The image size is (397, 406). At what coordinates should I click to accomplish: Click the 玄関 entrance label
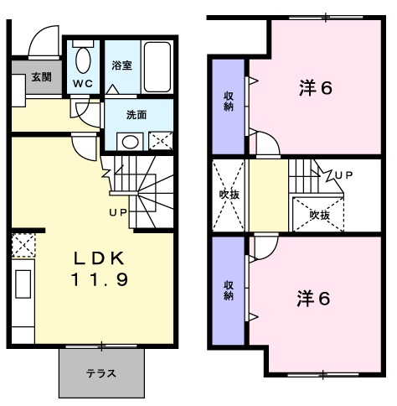(x=41, y=76)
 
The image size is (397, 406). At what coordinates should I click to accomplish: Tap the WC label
(x=82, y=83)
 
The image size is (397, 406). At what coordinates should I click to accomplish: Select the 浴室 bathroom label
(x=122, y=64)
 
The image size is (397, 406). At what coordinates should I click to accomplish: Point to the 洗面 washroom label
(x=137, y=115)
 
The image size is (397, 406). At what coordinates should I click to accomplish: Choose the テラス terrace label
(x=101, y=373)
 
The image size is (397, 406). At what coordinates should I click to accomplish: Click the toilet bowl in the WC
(x=83, y=60)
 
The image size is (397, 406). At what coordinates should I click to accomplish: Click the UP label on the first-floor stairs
(x=117, y=211)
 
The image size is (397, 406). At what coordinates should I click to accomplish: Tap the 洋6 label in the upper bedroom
(x=315, y=88)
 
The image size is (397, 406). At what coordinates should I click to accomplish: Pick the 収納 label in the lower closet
(x=228, y=289)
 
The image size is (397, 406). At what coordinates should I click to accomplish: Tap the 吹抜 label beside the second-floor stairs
(x=318, y=216)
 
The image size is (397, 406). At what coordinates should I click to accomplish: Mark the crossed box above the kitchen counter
(x=23, y=245)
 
